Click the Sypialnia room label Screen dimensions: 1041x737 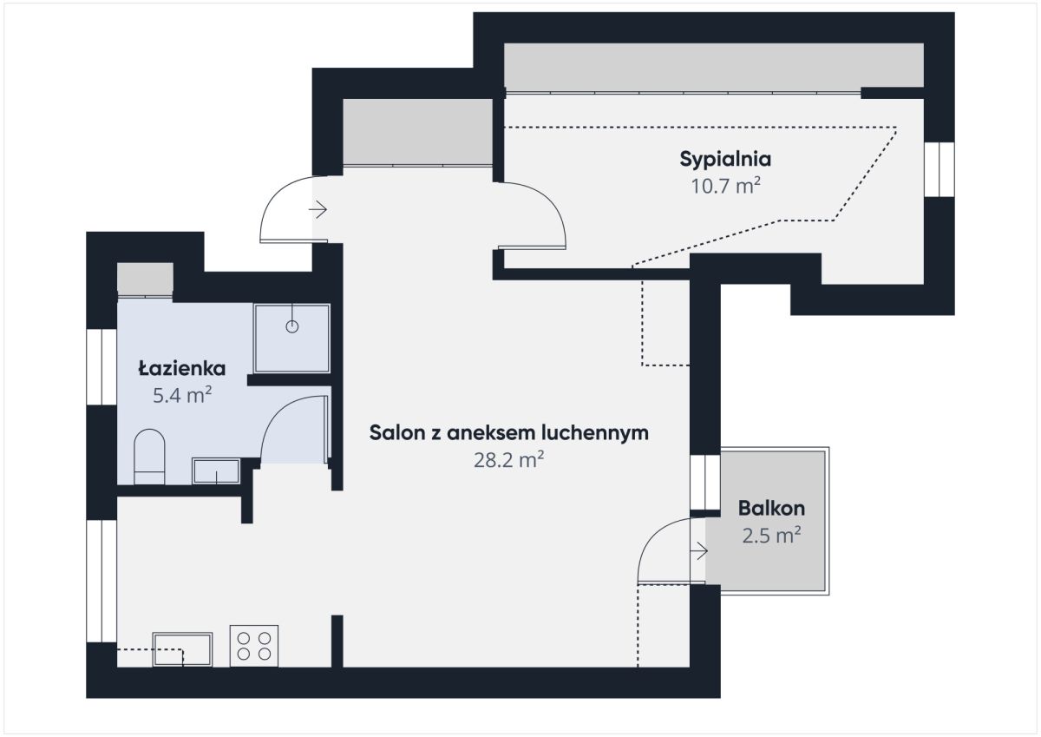(x=725, y=160)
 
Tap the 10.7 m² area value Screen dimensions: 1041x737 (x=725, y=186)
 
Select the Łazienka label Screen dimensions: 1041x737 (x=182, y=368)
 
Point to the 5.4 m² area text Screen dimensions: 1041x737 (x=182, y=395)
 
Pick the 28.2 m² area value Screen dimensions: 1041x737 (x=509, y=460)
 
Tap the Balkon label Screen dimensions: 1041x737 (x=771, y=508)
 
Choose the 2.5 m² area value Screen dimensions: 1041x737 (x=771, y=536)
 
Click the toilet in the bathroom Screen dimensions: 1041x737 (x=149, y=457)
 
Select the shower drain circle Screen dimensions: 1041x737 (x=291, y=327)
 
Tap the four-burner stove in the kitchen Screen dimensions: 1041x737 (x=254, y=646)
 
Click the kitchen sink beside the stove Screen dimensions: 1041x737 (x=183, y=649)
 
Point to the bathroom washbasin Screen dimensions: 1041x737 (x=216, y=471)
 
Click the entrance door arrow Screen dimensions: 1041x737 (x=318, y=209)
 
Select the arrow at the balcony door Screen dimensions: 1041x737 (x=699, y=551)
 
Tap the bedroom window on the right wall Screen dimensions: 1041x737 (x=940, y=169)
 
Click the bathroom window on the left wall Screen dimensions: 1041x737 (x=101, y=367)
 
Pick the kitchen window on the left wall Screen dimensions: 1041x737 (x=101, y=582)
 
